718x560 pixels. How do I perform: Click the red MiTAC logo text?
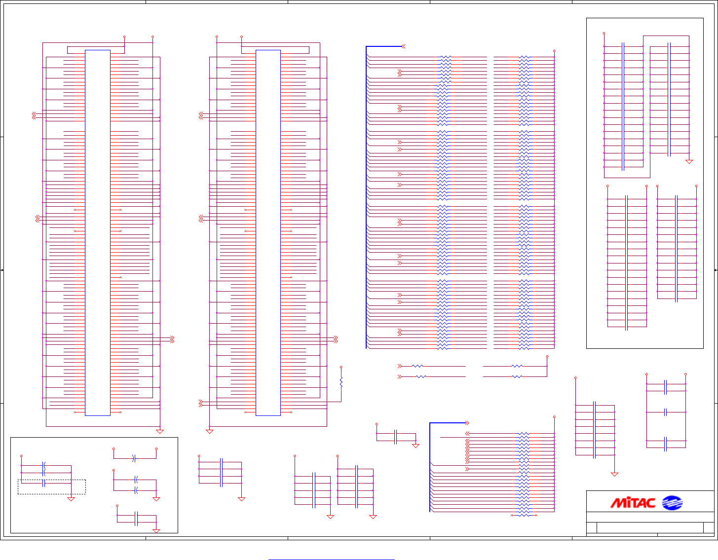click(x=633, y=503)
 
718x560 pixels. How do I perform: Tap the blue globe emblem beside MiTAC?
click(x=672, y=503)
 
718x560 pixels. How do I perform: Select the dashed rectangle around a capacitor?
click(x=52, y=486)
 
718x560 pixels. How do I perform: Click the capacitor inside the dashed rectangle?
click(x=44, y=483)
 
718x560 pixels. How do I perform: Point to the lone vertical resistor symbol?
click(x=341, y=381)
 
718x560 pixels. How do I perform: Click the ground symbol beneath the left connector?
click(x=160, y=432)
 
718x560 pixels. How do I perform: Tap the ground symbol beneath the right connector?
click(x=209, y=432)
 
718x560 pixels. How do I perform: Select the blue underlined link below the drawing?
click(x=331, y=560)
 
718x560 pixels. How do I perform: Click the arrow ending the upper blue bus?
click(x=403, y=46)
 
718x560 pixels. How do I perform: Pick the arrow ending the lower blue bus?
click(x=467, y=423)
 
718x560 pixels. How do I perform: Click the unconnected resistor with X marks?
click(x=524, y=515)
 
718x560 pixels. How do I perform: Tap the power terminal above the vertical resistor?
click(x=341, y=367)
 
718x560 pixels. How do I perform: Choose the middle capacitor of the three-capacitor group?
click(x=666, y=412)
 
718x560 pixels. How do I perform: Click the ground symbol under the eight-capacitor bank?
click(x=614, y=474)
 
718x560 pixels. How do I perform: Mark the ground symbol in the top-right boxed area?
click(x=689, y=161)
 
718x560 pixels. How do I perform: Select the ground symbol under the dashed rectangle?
click(x=71, y=499)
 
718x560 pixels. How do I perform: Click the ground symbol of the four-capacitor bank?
click(x=241, y=499)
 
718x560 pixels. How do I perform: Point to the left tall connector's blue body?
click(x=98, y=232)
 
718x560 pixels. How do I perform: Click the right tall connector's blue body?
click(x=268, y=232)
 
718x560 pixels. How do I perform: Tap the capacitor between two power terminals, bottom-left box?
click(x=134, y=458)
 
